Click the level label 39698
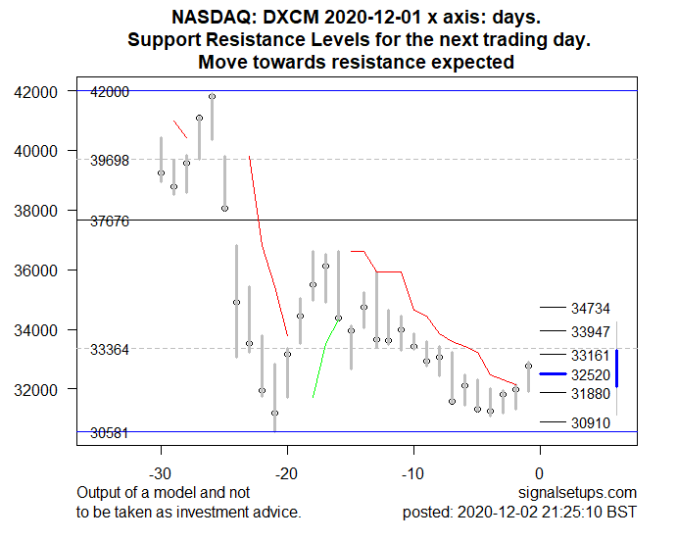tap(110, 160)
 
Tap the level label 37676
tap(110, 221)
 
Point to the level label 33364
tap(110, 350)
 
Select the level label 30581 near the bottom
tap(110, 433)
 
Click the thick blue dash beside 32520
tap(554, 374)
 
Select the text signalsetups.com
tap(578, 492)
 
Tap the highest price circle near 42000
tap(212, 96)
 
